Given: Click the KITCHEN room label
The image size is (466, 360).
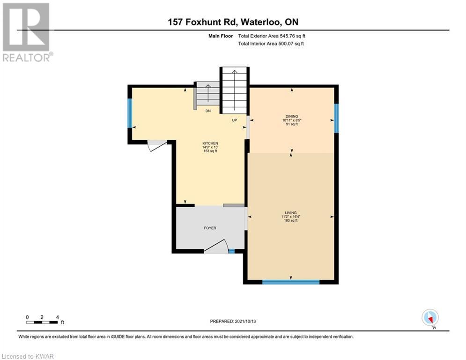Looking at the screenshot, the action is point(210,143).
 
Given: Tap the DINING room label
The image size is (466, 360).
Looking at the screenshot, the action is point(292,116).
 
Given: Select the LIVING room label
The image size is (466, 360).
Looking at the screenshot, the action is point(291,213).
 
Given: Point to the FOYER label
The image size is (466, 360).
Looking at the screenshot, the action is point(210,228).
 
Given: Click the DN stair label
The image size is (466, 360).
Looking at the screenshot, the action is point(208,111).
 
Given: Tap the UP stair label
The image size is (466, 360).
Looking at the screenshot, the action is point(235,120).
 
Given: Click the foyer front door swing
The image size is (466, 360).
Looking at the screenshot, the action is point(217,247).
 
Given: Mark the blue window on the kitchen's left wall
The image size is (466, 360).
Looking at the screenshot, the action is point(130,113).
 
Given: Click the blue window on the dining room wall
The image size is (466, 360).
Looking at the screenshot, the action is point(336,118).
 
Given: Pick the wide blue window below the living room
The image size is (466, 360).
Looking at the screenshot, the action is point(291,282).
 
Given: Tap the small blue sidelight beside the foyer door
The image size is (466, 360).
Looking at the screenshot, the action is point(231,251).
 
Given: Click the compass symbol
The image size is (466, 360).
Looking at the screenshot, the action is point(430,318).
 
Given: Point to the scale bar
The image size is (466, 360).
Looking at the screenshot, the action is point(42,322).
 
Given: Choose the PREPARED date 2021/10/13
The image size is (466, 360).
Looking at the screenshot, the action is point(245,321).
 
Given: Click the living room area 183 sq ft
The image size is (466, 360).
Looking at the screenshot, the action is point(291,220).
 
